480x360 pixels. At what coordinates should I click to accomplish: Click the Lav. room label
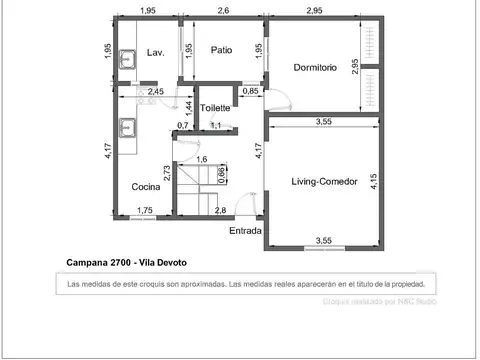[x=155, y=52]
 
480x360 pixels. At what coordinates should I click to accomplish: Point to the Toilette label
[x=215, y=108]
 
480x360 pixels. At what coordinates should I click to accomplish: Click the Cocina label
[x=147, y=187]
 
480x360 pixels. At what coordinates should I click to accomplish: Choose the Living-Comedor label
[x=325, y=181]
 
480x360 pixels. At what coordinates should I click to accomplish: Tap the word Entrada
[x=245, y=231]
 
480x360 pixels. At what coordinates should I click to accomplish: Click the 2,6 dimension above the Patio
[x=222, y=11]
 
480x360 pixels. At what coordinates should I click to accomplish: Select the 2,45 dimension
[x=156, y=92]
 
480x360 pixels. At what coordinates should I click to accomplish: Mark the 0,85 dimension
[x=250, y=92]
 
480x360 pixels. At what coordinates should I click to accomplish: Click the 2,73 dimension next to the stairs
[x=168, y=172]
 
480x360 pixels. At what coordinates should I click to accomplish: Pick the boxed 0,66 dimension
[x=222, y=176]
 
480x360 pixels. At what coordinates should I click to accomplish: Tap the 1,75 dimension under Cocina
[x=145, y=210]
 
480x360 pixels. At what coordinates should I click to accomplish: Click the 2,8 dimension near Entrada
[x=220, y=210]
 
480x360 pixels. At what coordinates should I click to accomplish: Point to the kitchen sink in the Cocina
[x=126, y=128]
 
